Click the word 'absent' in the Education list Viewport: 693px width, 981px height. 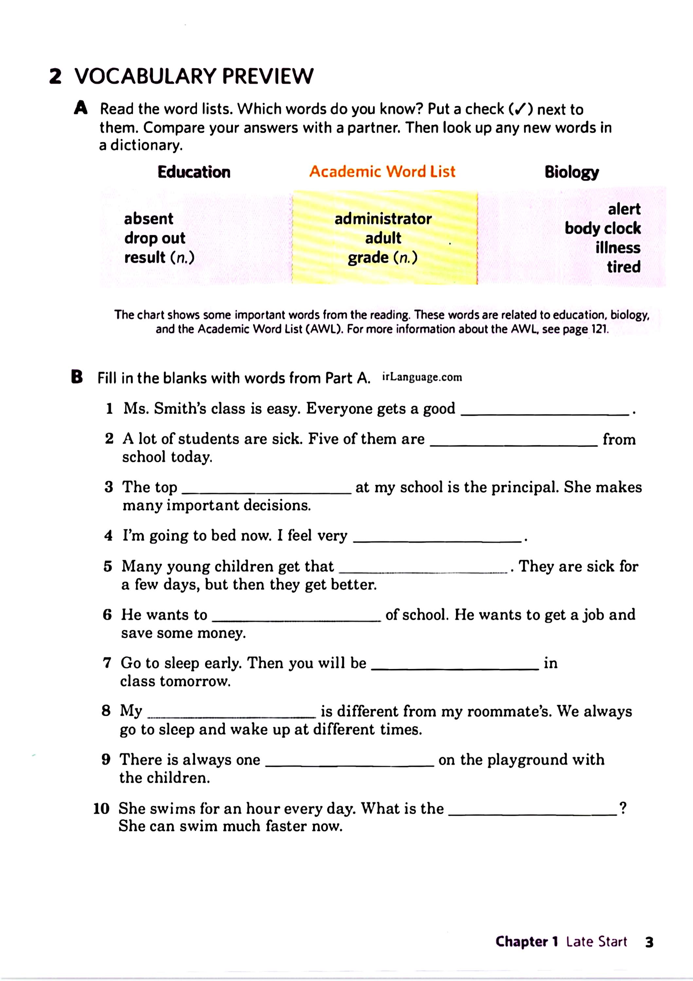[x=148, y=219]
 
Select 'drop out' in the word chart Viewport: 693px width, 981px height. [x=155, y=238]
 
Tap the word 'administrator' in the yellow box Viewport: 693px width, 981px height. [x=383, y=219]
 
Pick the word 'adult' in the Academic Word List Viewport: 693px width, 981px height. [x=383, y=238]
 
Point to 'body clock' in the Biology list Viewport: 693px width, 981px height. [x=602, y=228]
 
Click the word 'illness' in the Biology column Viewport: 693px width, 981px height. [x=618, y=248]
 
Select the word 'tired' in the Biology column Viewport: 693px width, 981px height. [x=623, y=267]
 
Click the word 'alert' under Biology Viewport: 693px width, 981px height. [x=624, y=209]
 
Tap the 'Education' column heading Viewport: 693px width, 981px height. [x=194, y=172]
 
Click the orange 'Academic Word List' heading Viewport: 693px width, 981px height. [x=382, y=172]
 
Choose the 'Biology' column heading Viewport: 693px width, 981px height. [x=571, y=172]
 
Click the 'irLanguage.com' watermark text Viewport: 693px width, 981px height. [x=422, y=378]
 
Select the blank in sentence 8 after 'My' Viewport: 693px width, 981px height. [x=232, y=716]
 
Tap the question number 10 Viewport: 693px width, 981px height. [x=101, y=809]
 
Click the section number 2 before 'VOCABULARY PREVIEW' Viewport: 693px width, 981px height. [x=56, y=77]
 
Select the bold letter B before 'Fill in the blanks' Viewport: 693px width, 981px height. [x=77, y=378]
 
